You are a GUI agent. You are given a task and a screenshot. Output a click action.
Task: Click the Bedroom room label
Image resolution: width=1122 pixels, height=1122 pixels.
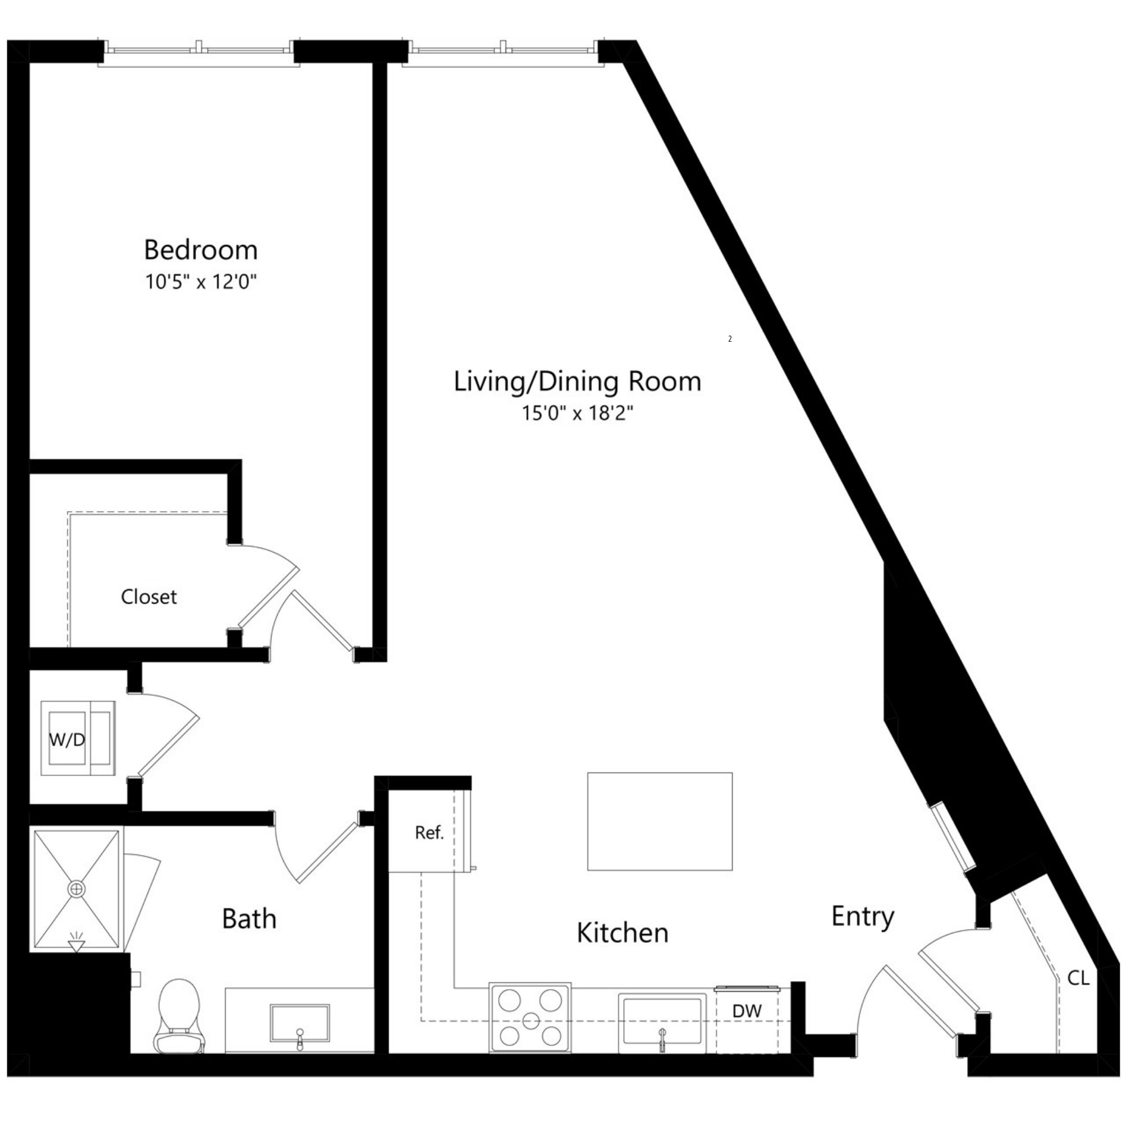coord(201,250)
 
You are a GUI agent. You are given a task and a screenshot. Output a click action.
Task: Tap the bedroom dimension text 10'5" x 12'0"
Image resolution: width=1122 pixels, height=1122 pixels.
coord(201,282)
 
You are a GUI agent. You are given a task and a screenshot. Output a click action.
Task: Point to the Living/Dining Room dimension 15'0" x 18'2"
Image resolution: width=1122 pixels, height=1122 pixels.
coord(577,413)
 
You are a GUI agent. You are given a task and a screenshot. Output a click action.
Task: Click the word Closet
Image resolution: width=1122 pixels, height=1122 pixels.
coord(149,597)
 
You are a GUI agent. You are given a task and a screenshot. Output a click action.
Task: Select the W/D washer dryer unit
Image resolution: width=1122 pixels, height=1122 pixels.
coord(77,739)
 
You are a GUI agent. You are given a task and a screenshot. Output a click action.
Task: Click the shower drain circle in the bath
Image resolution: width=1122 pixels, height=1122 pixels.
coord(76,889)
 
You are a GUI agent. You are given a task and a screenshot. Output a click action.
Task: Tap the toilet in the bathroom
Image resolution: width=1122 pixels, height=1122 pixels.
coord(179,1017)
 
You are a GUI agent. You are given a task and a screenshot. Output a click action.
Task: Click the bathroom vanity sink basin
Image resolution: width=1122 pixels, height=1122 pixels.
coord(300,1023)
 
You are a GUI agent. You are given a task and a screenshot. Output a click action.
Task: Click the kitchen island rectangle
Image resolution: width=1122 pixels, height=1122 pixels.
coord(660,821)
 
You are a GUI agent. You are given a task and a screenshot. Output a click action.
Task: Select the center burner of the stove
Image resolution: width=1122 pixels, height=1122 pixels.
coord(531,1020)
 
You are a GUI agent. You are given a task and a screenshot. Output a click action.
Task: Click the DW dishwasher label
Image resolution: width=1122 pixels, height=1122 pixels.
coord(747,1011)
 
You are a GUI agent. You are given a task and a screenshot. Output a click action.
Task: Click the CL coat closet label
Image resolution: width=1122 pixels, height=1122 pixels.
coord(1078,978)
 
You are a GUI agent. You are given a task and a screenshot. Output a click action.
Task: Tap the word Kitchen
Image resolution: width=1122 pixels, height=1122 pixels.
coord(623,934)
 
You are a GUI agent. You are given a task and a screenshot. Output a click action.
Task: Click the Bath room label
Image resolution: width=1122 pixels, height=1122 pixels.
coord(249,919)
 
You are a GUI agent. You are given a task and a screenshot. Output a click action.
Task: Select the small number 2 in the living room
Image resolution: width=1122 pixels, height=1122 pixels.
coord(730,339)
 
